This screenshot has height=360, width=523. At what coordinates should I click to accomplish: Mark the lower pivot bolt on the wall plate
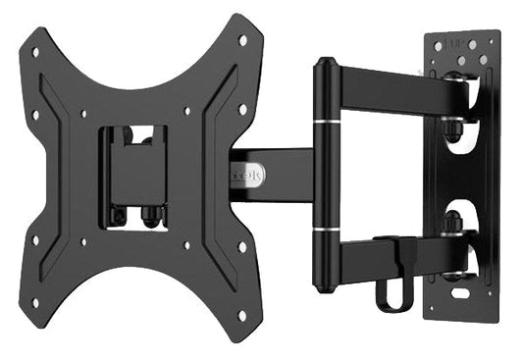click(x=455, y=228)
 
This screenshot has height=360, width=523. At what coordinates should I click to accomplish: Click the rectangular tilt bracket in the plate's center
click(x=136, y=167)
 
